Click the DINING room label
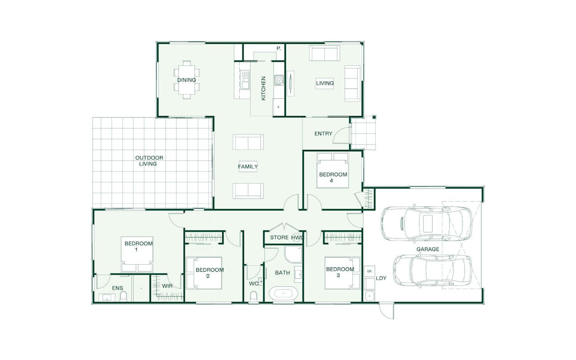(x=186, y=80)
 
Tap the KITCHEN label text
(x=263, y=88)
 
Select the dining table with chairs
(x=187, y=80)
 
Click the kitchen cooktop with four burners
(x=279, y=80)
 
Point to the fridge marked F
(x=279, y=107)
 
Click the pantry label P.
(x=279, y=48)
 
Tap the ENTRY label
(x=323, y=134)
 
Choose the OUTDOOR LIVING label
(x=149, y=161)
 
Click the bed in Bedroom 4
(x=333, y=170)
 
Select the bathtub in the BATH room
(x=284, y=293)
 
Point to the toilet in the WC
(x=253, y=297)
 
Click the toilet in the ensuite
(x=123, y=297)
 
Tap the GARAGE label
(x=428, y=249)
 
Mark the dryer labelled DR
(x=369, y=272)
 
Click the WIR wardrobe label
(x=167, y=286)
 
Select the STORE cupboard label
(x=279, y=237)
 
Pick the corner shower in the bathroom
(x=293, y=254)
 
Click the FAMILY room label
(x=248, y=167)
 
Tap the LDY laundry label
(x=381, y=278)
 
